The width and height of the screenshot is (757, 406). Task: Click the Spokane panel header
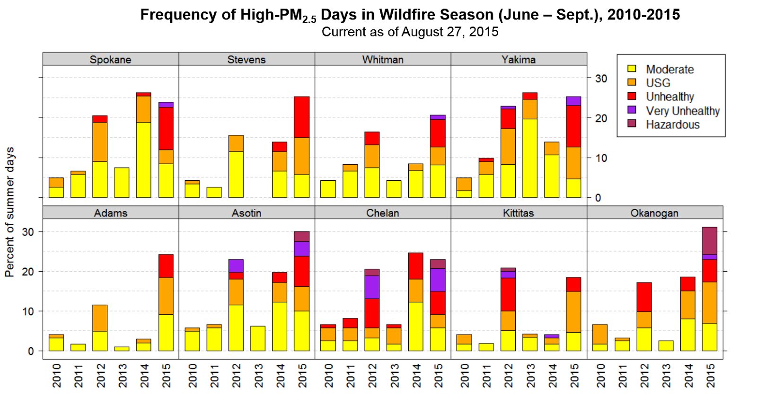coord(110,59)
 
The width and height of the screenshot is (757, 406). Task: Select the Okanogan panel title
coord(654,213)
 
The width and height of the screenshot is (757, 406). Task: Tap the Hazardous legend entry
coord(672,125)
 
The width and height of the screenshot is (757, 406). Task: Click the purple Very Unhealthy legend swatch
coord(632,110)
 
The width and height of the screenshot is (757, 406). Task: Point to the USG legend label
coord(658,83)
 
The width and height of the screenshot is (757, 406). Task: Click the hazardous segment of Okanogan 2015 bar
coord(709,240)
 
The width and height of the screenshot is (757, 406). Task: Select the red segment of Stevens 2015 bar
coord(301,117)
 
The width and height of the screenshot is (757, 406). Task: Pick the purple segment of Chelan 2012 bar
coord(372,287)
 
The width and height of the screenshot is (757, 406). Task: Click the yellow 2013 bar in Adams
coord(122,349)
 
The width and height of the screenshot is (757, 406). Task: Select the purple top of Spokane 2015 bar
coord(166,105)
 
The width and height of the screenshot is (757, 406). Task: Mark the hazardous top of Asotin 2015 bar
coord(301,236)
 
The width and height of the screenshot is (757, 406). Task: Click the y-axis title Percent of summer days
coord(9,212)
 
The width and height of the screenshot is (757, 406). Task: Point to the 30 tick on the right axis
coord(601,79)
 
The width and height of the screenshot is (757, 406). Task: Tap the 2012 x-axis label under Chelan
coord(372,375)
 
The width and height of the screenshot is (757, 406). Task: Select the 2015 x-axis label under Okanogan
coord(710,375)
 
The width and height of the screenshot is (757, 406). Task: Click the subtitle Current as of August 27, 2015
coord(410,32)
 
